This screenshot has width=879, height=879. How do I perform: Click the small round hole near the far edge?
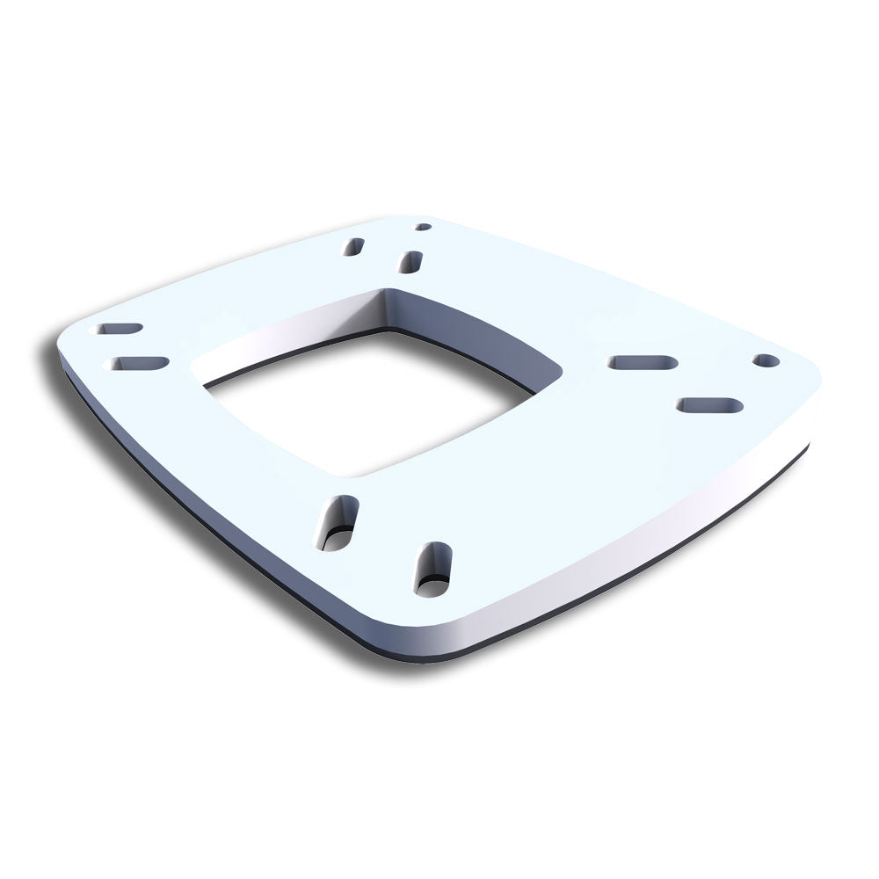click(x=423, y=227)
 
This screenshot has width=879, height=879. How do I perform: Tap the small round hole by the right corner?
click(x=766, y=360)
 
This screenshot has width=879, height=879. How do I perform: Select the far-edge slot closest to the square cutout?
click(x=410, y=261)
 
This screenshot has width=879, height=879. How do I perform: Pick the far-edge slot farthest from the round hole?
click(x=353, y=247)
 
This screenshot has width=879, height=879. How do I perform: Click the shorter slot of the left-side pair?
click(x=120, y=329)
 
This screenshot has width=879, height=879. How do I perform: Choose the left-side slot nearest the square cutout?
click(x=136, y=363)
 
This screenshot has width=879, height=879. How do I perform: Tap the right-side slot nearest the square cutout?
click(x=643, y=362)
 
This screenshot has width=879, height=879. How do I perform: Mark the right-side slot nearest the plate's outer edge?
click(x=709, y=405)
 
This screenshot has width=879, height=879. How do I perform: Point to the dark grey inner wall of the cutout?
click(x=466, y=325)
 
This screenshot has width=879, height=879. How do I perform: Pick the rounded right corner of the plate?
click(x=804, y=387)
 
